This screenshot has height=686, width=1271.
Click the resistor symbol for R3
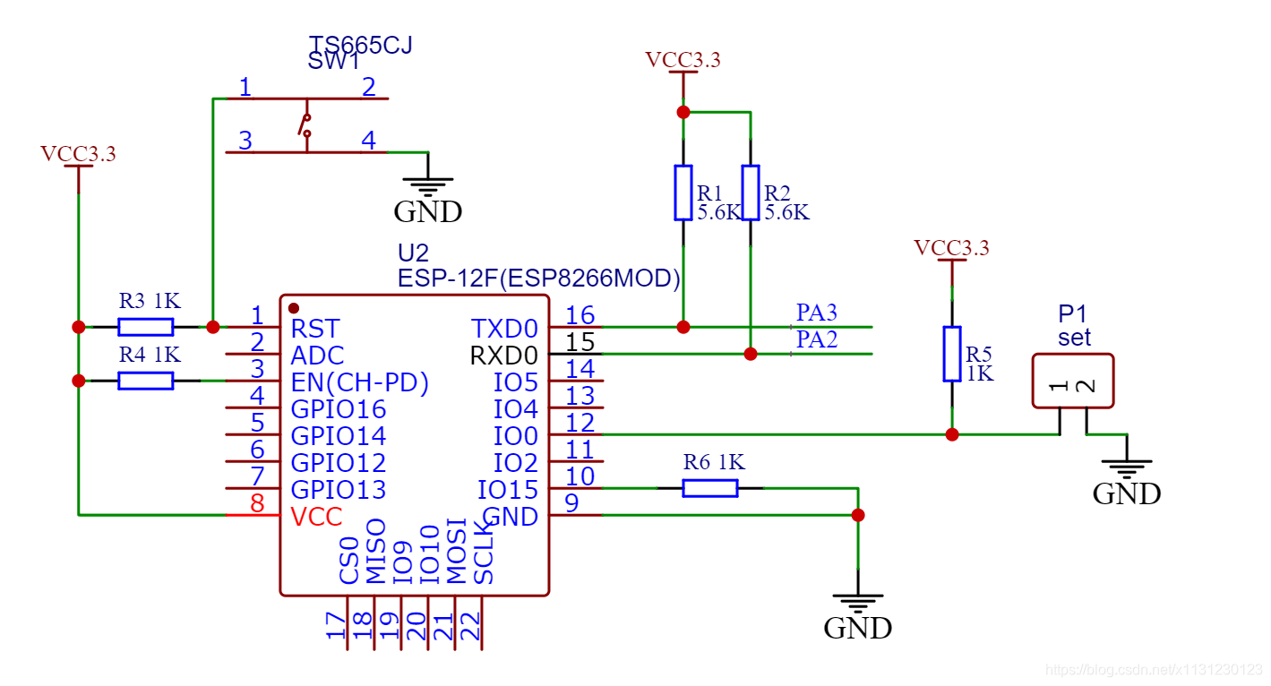click(146, 327)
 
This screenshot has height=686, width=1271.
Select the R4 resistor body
click(146, 381)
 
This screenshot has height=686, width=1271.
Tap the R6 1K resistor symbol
click(710, 488)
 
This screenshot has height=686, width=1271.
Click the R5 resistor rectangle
click(952, 354)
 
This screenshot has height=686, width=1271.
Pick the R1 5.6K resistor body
click(683, 193)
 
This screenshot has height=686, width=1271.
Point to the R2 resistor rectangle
click(751, 193)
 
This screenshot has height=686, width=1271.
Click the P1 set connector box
click(1073, 382)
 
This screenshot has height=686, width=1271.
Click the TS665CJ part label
click(360, 45)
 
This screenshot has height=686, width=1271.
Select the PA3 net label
click(816, 313)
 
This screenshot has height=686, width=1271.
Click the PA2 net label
click(816, 339)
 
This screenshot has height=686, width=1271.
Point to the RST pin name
click(315, 329)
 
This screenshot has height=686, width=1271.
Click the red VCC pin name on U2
click(316, 517)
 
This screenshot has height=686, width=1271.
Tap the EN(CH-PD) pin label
click(360, 382)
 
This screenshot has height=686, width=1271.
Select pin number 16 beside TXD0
click(580, 314)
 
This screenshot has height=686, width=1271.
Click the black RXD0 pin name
click(504, 356)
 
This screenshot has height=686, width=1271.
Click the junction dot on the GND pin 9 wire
click(858, 515)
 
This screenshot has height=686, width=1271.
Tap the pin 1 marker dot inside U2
click(294, 308)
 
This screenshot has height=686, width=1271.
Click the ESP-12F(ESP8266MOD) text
click(539, 279)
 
